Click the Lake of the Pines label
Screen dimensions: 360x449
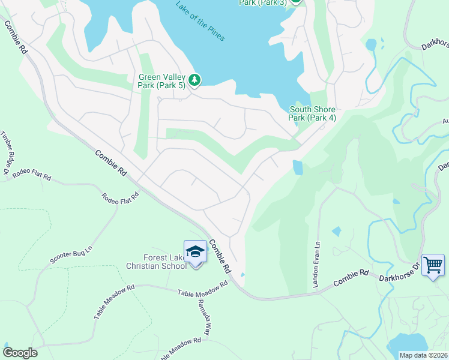(x=200, y=22)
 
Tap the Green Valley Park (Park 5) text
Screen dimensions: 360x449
(x=162, y=81)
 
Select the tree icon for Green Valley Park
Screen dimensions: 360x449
(x=194, y=80)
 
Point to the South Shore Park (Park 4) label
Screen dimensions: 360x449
(x=312, y=113)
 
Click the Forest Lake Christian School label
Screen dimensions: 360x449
(x=156, y=262)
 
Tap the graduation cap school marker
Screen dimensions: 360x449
(x=195, y=253)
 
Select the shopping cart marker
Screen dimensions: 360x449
(x=433, y=265)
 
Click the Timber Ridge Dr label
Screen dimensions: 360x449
(x=7, y=153)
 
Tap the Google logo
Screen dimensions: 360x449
(x=19, y=353)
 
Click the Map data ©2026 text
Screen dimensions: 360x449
(x=423, y=355)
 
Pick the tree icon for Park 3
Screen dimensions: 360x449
(x=296, y=2)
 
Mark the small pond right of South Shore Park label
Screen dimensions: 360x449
(x=297, y=167)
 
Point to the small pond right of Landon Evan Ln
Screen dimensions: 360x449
(x=336, y=231)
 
